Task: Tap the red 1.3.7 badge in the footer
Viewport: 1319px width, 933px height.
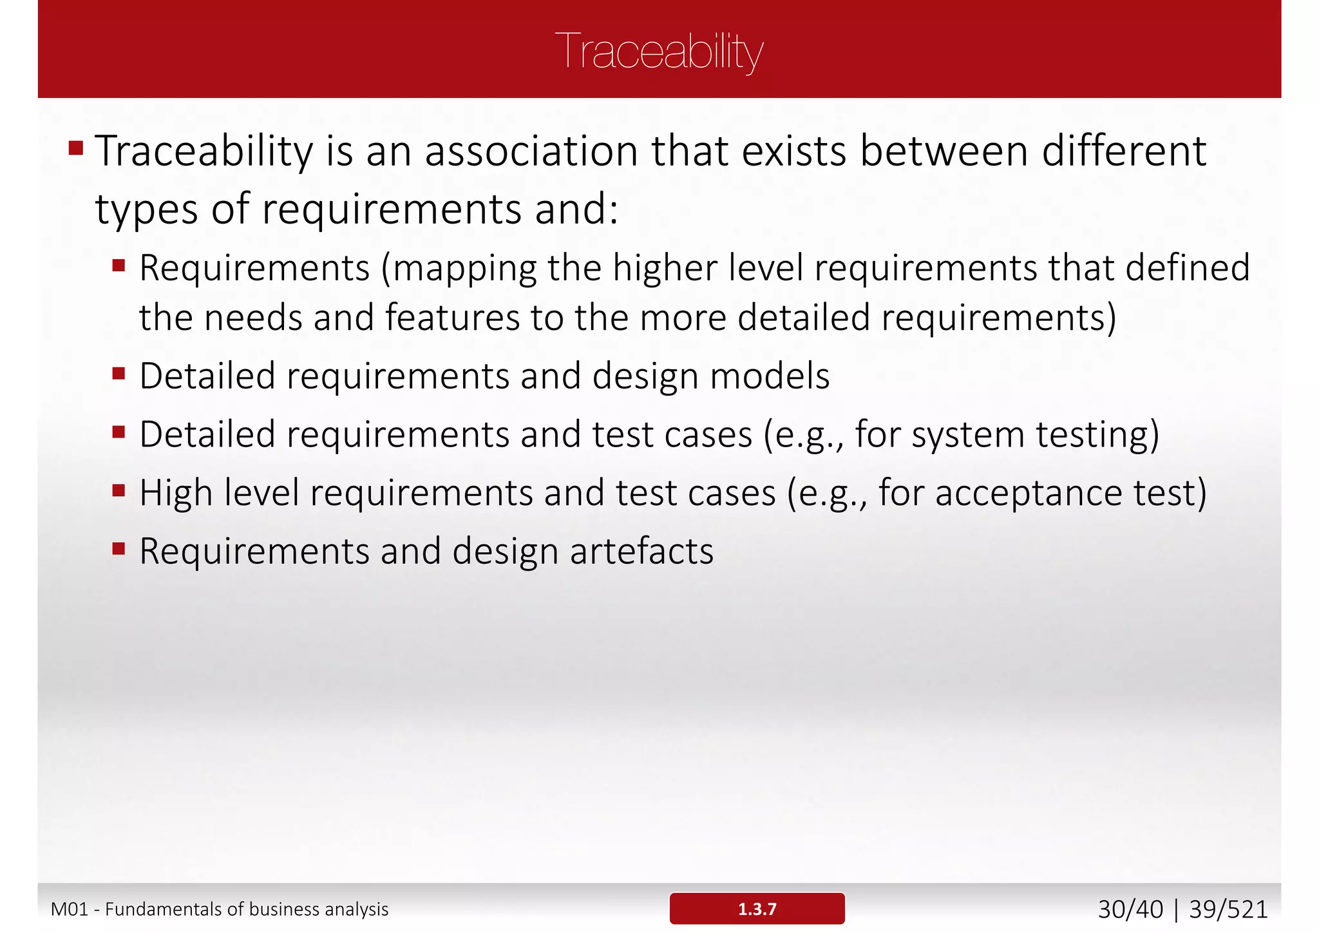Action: point(757,909)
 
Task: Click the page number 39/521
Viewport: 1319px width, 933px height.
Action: point(1228,909)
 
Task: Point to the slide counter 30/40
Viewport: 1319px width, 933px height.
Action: point(1130,909)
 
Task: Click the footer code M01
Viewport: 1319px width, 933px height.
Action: point(69,909)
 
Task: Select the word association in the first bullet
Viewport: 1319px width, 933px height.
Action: point(531,151)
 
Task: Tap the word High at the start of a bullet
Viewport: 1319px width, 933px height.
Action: point(176,493)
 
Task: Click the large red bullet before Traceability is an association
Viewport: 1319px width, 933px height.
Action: point(76,149)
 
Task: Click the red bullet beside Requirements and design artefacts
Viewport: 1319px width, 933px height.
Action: point(119,549)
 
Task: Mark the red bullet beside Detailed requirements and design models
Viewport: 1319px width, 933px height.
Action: point(119,374)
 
